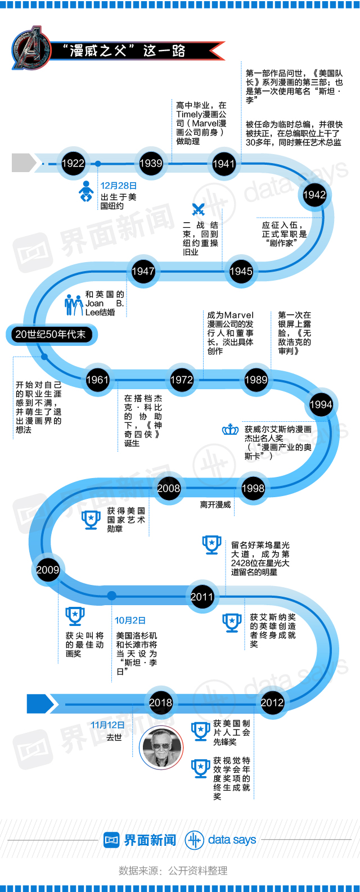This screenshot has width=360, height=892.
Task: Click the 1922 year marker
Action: pos(73,164)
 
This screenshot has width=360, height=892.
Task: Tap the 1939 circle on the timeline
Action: pos(151,164)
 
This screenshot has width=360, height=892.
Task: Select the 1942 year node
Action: pos(314,195)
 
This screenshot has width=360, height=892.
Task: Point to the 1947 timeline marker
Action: pos(143,271)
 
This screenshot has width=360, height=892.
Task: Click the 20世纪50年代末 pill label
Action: pos(51,335)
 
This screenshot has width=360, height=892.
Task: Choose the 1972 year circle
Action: pos(182,380)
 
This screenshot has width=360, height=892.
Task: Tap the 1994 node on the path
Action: pos(321,404)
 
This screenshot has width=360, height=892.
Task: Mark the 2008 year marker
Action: pos(169,488)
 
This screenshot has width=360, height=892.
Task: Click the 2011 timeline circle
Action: pos(202,597)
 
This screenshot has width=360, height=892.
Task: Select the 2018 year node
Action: pos(161,702)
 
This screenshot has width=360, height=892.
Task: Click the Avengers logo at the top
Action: pos(31,48)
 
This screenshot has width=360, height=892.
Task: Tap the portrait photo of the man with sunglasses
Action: pos(161,747)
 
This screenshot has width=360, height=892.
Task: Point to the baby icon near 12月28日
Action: pos(86,192)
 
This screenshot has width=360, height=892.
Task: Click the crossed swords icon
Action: pos(198,210)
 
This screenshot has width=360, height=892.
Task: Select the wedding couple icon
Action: pos(74,304)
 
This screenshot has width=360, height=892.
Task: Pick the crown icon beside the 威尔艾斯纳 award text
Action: pos(231,430)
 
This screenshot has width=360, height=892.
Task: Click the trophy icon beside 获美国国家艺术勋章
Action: pos(91,520)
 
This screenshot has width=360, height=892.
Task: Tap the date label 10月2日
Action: pos(130,620)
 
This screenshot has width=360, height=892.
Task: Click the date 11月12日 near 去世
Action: pos(107,725)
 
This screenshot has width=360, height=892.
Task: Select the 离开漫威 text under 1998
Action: pos(215,504)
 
